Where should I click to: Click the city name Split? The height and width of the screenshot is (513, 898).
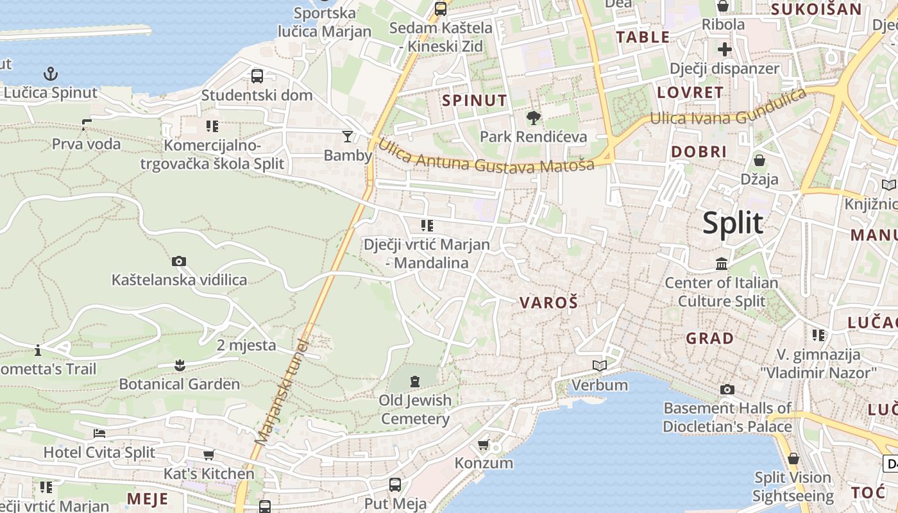tap(733, 223)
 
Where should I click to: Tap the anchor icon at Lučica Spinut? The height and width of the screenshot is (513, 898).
tap(51, 74)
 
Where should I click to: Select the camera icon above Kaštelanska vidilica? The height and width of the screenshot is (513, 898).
tap(179, 261)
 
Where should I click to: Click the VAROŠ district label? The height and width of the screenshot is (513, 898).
tap(548, 303)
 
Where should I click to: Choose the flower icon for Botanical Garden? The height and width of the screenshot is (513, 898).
tap(180, 366)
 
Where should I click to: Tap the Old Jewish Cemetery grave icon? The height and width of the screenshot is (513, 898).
tap(415, 382)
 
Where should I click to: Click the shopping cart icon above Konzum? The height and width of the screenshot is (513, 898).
tap(484, 444)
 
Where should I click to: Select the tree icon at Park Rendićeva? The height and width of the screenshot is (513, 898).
tap(533, 118)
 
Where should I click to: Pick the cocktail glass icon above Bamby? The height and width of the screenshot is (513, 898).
tap(348, 136)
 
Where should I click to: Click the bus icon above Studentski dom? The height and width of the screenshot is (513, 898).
tap(257, 76)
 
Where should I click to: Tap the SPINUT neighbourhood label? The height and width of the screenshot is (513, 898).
tap(475, 101)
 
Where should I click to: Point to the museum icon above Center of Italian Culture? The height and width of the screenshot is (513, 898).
tap(722, 264)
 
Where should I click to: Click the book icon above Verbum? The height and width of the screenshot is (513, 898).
tap(600, 366)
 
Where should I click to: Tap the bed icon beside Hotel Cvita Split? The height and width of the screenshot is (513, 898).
tap(99, 433)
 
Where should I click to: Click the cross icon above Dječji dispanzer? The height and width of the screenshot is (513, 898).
tap(725, 49)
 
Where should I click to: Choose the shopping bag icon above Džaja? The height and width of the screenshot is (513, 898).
tap(759, 160)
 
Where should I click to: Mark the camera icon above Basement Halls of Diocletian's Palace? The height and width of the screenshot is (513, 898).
tap(727, 389)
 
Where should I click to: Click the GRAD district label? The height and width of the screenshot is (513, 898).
tap(710, 338)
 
